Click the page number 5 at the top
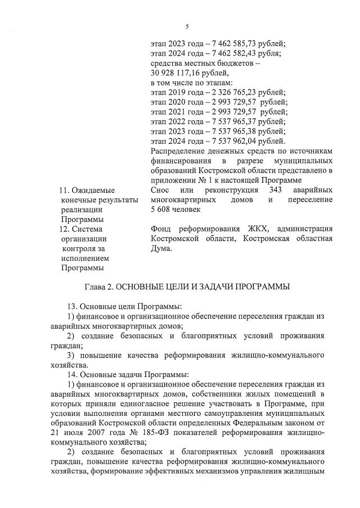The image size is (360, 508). coord(187,26)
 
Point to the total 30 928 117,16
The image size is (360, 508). coord(177,73)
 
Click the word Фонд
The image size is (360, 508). coord(163,229)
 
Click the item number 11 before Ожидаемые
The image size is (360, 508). coord(64,190)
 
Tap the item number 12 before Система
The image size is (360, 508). coord(64,229)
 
